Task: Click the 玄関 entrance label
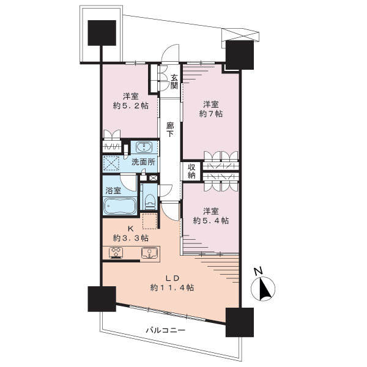(174, 81)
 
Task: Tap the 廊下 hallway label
(170, 130)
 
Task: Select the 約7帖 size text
(211, 114)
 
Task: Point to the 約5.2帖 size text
(131, 106)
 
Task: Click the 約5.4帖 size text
(211, 220)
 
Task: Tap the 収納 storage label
(191, 171)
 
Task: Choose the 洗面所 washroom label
(143, 161)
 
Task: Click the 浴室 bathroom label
(113, 190)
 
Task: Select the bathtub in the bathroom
(120, 206)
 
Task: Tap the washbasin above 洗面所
(144, 147)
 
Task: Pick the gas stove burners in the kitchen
(116, 252)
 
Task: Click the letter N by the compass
(259, 271)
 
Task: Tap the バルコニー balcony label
(166, 330)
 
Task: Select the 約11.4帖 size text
(172, 287)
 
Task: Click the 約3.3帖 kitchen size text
(131, 238)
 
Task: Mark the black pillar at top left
(102, 33)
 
